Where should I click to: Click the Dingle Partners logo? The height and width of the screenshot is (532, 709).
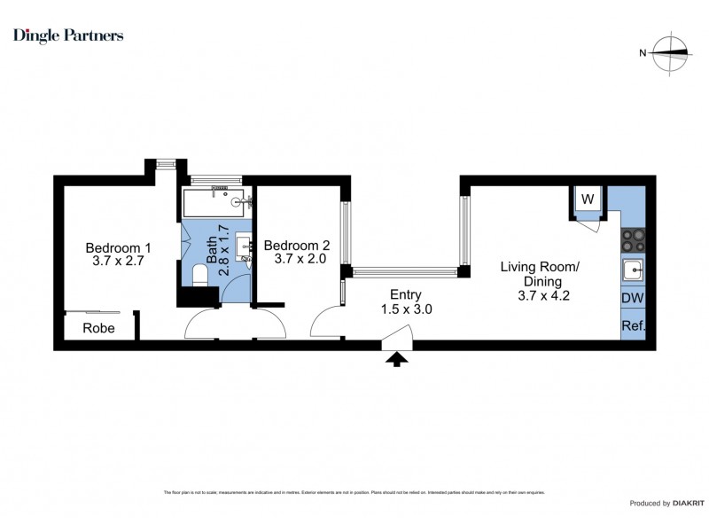68,35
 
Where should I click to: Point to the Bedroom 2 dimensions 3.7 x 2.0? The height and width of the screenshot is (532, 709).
297,260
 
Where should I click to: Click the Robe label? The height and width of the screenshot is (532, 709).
99,327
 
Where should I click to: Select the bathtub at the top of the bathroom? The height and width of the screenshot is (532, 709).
216,202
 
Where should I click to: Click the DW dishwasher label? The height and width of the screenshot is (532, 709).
632,299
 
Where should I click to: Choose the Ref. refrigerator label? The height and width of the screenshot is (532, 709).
632,326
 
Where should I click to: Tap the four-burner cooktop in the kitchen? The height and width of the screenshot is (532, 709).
632,240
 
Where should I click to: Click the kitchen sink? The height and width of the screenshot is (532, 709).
632,270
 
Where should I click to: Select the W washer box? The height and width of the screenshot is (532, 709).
587,199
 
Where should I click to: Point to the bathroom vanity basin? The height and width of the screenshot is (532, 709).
242,245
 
